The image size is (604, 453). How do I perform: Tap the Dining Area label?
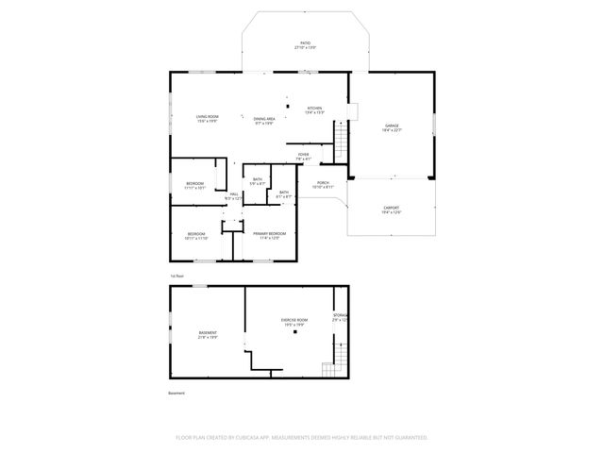(x=263, y=120)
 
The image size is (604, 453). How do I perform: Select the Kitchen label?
(x=314, y=109)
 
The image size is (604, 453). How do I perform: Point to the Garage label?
(x=392, y=127)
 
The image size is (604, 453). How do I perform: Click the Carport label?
(x=391, y=210)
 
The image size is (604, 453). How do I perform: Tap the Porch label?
(x=323, y=184)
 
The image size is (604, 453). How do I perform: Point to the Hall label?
(x=233, y=196)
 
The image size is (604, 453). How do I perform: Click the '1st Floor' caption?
(x=176, y=277)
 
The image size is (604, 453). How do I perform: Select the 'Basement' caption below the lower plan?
(x=176, y=393)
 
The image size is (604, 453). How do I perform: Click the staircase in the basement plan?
(x=328, y=368)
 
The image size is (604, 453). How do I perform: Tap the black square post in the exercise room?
(x=294, y=332)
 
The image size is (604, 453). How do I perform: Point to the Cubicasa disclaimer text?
(x=302, y=437)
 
